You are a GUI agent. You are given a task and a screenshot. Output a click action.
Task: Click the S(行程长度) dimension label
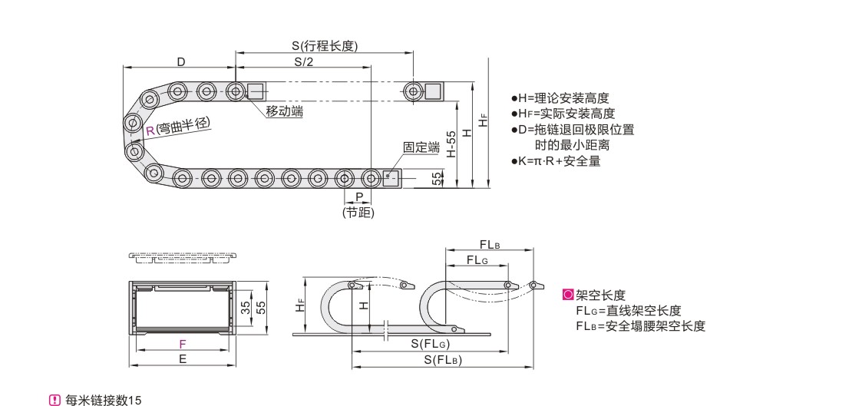(325, 46)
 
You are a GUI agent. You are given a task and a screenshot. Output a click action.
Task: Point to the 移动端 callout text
(284, 112)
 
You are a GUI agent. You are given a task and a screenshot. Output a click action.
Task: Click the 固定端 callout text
(421, 147)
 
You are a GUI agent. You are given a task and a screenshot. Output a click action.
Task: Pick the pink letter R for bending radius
(150, 130)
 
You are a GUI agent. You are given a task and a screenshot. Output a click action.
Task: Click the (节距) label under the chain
(358, 213)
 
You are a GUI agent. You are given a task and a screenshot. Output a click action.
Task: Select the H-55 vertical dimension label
(451, 144)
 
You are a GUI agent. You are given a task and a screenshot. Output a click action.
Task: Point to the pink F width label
(182, 345)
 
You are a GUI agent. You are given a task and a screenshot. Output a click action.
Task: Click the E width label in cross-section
(182, 358)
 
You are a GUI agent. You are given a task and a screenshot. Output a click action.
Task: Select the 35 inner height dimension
(245, 309)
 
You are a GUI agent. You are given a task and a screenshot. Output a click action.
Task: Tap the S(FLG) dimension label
(430, 343)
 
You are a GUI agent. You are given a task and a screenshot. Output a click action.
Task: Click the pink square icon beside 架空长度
(568, 295)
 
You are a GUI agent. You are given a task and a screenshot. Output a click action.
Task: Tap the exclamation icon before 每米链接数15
(54, 400)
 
